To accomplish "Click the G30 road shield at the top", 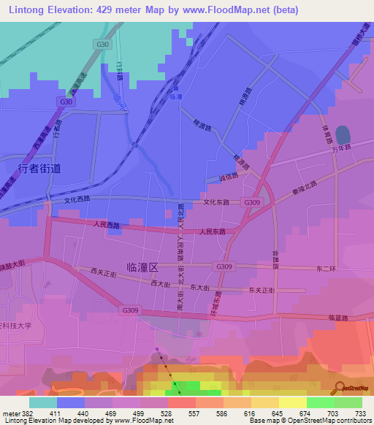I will point(102,45).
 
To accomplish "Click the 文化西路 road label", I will point(80,199).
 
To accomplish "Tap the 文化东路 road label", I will point(216,202).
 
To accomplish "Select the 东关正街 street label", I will point(261,290).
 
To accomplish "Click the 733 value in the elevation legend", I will point(361,413).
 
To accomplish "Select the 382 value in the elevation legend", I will point(26,413).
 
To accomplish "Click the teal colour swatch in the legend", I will point(43,402).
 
